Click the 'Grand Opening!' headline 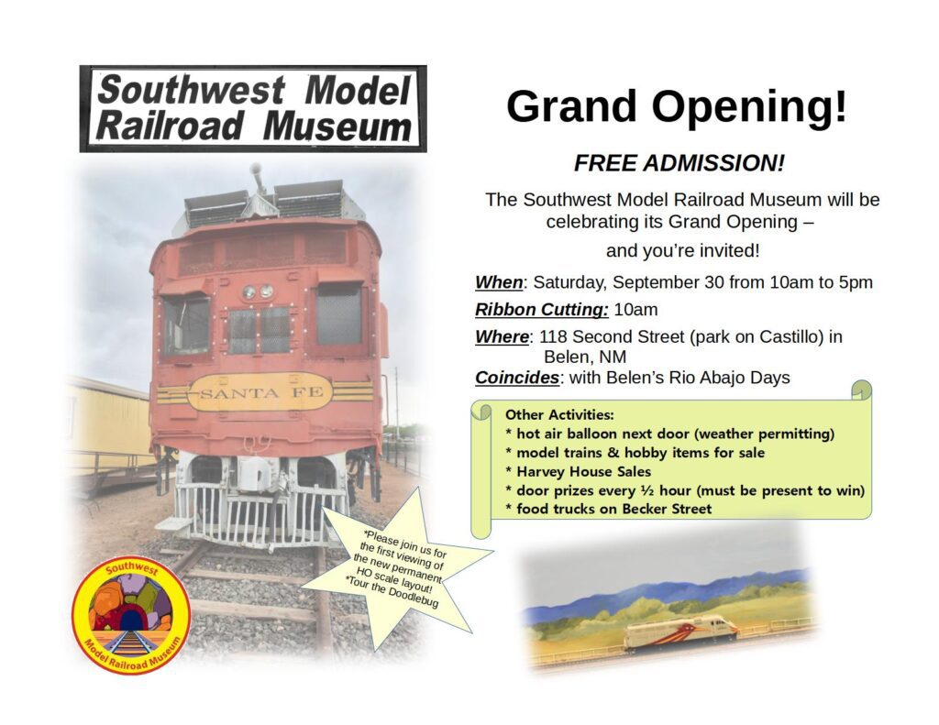click(677, 107)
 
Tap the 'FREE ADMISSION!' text click(679, 163)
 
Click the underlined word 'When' click(499, 282)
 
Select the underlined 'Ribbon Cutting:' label click(541, 310)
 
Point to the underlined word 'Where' click(502, 336)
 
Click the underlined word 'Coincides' click(517, 378)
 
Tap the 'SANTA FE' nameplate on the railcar click(260, 392)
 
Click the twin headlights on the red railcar click(258, 292)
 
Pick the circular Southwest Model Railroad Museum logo click(132, 617)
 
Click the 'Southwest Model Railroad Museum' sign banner click(253, 108)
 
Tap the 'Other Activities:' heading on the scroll click(559, 414)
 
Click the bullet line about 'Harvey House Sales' click(578, 471)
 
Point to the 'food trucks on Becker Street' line click(609, 509)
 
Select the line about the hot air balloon click(669, 434)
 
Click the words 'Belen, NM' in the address click(584, 357)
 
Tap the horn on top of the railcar click(258, 178)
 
